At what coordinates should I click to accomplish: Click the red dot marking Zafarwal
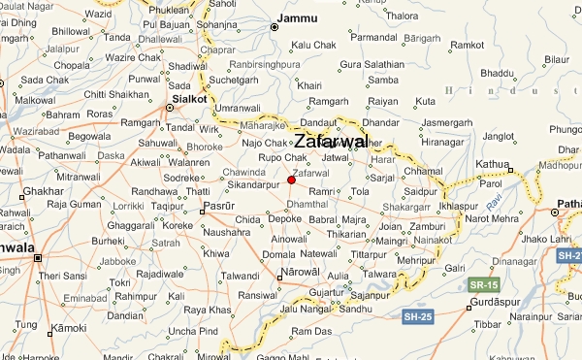(291, 180)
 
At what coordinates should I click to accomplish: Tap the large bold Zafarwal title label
(331, 142)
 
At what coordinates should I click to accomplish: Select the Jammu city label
(297, 18)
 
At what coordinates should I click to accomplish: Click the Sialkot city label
(189, 98)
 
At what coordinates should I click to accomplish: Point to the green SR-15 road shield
(482, 285)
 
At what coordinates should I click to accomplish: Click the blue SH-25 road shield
(417, 317)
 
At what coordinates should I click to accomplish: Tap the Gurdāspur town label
(495, 300)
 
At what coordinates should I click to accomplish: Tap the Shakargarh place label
(405, 207)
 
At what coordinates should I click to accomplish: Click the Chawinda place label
(243, 173)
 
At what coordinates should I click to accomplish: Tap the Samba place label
(384, 80)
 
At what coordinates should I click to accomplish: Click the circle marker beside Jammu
(274, 27)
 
